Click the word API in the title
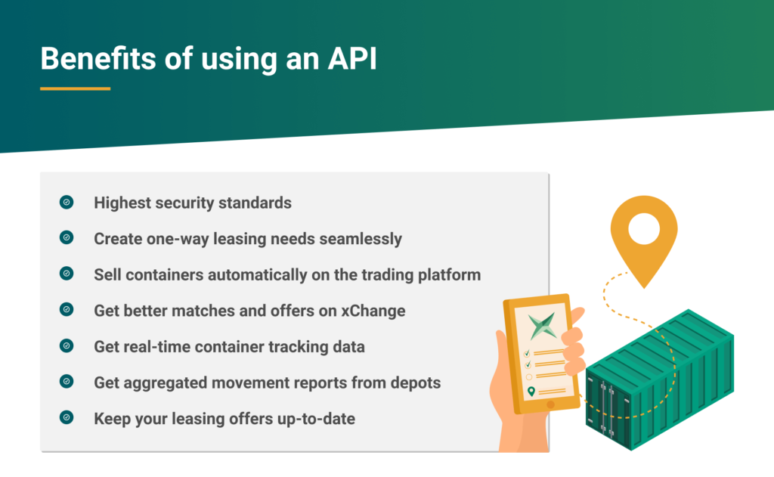(352, 59)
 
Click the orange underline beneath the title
(75, 89)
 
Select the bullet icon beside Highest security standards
(67, 202)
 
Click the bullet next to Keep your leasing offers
(67, 418)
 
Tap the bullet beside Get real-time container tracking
(67, 345)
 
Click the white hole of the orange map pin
(644, 228)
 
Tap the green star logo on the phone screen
(542, 325)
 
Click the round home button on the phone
(551, 404)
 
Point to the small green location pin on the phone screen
(531, 392)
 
